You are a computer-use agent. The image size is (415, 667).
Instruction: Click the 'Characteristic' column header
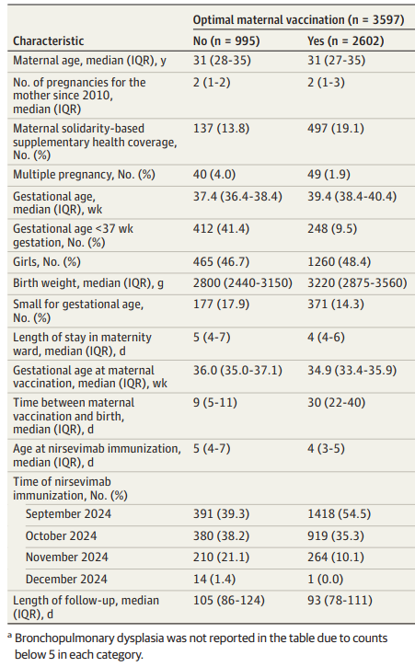(49, 40)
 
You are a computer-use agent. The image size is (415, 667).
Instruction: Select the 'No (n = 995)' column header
(226, 40)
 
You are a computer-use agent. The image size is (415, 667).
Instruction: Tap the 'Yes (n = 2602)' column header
(346, 40)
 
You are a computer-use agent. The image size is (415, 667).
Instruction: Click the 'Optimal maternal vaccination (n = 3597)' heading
(298, 19)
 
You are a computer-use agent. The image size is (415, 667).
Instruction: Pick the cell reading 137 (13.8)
(221, 129)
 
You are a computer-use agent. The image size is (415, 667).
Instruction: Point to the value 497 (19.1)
(336, 129)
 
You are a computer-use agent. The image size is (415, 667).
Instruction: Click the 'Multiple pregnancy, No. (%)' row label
(84, 175)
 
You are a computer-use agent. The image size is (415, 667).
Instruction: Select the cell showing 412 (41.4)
(221, 229)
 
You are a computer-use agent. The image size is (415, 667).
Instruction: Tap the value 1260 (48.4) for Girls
(340, 261)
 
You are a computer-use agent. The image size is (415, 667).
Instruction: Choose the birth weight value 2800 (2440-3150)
(243, 282)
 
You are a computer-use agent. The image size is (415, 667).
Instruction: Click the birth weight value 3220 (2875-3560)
(358, 282)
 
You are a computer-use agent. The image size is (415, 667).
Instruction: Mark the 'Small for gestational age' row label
(78, 311)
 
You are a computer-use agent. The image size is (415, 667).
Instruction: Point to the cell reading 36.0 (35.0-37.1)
(237, 370)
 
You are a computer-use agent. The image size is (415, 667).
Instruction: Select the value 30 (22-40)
(336, 402)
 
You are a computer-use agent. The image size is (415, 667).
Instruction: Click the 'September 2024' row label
(68, 514)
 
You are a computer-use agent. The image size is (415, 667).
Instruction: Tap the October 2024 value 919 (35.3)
(336, 535)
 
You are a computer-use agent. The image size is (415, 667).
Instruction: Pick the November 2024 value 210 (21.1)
(221, 557)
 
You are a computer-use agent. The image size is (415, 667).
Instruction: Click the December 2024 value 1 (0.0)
(326, 579)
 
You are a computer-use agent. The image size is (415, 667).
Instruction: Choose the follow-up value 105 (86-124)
(228, 600)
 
